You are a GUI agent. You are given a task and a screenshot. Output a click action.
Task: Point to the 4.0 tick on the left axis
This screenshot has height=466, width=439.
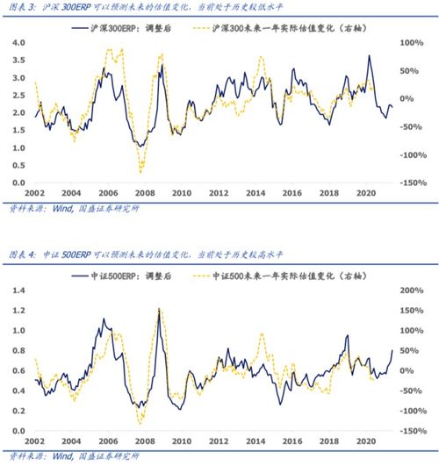[18, 43]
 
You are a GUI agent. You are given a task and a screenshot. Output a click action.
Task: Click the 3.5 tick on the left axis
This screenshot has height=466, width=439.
[18, 61]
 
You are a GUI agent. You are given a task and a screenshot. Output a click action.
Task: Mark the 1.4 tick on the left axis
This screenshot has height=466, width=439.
[18, 290]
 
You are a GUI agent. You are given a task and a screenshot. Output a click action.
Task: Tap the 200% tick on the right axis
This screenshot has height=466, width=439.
[413, 290]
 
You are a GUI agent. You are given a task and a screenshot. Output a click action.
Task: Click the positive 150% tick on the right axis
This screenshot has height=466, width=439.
[413, 310]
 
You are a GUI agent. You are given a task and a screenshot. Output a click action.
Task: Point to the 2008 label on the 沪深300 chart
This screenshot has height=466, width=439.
[144, 193]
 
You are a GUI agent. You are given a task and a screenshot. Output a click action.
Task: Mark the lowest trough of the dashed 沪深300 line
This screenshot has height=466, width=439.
[140, 173]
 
